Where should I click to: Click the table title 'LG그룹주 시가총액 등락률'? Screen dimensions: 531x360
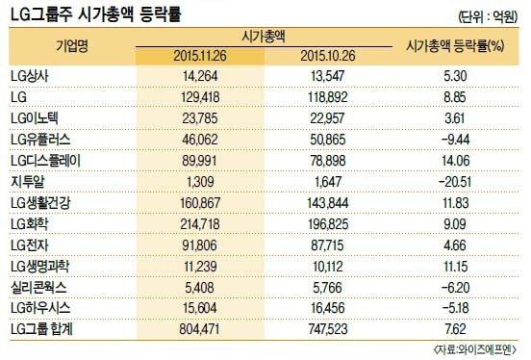point(96,13)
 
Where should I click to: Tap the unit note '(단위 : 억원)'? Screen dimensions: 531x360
point(488,16)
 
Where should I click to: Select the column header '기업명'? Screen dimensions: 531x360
point(72,46)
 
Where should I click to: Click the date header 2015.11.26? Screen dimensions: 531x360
point(200,56)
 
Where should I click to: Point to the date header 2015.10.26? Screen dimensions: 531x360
point(328,56)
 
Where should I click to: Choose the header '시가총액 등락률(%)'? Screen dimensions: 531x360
point(455,46)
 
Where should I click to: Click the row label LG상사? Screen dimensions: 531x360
point(30,76)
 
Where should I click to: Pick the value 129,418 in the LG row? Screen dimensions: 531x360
point(200,97)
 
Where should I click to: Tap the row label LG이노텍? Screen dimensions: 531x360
point(35,118)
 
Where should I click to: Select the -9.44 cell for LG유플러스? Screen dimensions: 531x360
point(455,140)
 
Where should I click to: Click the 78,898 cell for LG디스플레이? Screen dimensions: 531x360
point(328,161)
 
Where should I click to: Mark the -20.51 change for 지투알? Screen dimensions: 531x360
point(455,182)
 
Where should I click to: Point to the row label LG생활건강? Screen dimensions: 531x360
point(40,203)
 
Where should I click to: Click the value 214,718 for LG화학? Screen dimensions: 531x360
point(200,224)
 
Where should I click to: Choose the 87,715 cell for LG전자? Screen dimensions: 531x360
point(327,245)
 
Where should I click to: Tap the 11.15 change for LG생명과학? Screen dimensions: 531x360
point(455,267)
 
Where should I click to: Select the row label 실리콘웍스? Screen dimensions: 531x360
point(38,288)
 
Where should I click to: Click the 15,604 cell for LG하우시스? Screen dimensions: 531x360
point(200,308)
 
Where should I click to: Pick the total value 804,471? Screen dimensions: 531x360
point(200,329)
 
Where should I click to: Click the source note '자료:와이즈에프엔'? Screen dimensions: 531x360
point(474,349)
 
